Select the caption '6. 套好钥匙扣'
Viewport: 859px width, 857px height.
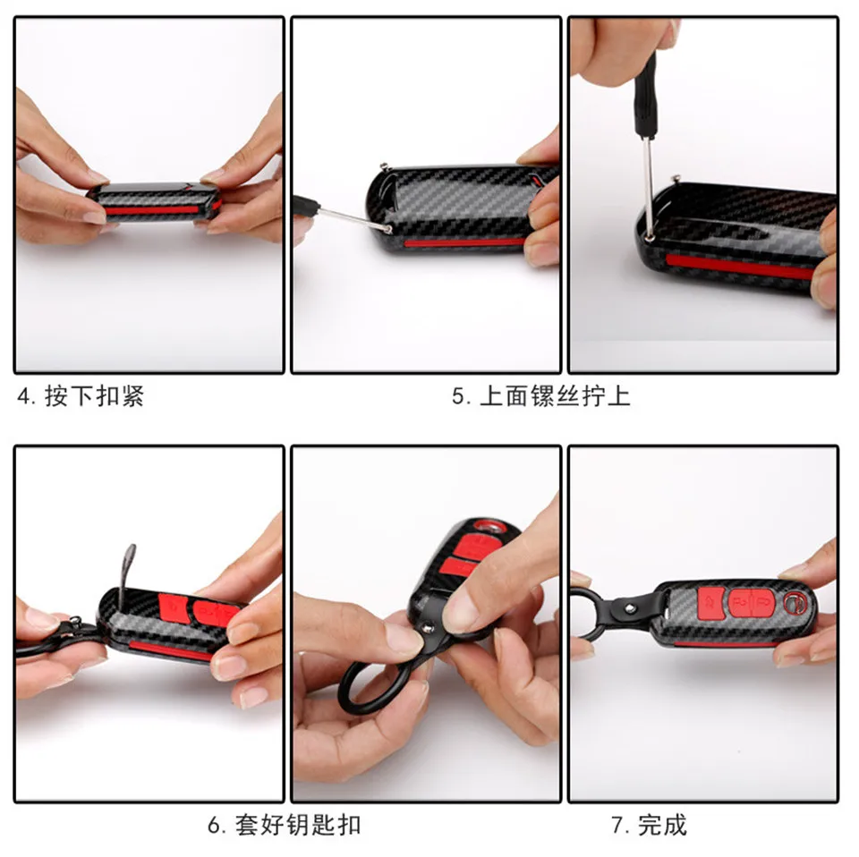[284, 824]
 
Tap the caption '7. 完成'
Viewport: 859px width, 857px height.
[649, 824]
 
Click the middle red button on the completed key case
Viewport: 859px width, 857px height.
[741, 603]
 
